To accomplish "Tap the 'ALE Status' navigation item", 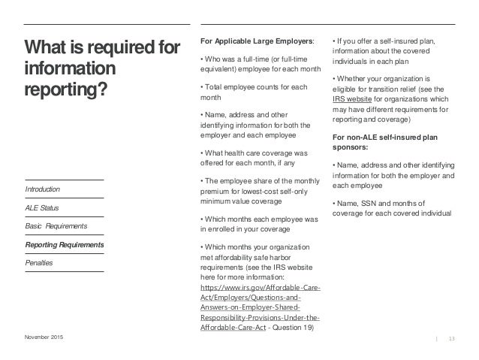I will (42, 207).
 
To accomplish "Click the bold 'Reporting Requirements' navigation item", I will (63, 245).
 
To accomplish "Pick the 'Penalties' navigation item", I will (39, 263).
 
